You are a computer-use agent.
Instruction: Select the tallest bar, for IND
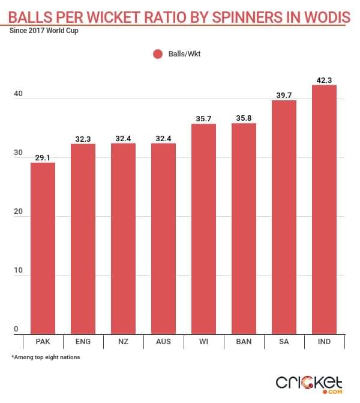(x=324, y=210)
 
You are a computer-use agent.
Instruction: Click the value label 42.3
(x=324, y=79)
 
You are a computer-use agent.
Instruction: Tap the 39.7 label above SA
(x=284, y=94)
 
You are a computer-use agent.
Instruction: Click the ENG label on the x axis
(x=83, y=342)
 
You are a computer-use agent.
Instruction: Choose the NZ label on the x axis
(x=123, y=342)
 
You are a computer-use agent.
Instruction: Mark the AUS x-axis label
(x=163, y=342)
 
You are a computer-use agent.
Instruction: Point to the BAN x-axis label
(x=244, y=342)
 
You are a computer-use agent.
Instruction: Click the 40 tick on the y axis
(x=17, y=95)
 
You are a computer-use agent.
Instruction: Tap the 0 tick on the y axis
(x=17, y=330)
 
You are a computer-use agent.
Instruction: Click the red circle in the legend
(x=158, y=54)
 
